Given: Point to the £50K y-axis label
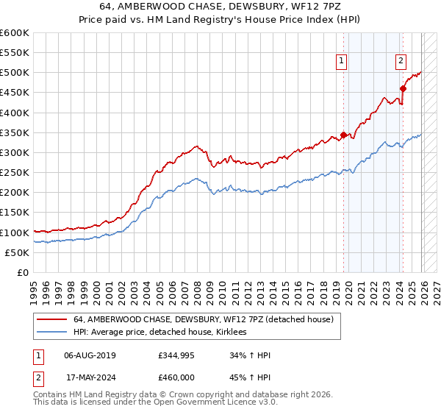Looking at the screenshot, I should tap(16, 252).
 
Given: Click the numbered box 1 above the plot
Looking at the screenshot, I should tap(343, 62).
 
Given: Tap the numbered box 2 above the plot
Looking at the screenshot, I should tap(401, 62).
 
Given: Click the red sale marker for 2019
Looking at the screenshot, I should tap(343, 135).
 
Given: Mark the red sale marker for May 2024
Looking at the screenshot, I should tap(403, 89).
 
